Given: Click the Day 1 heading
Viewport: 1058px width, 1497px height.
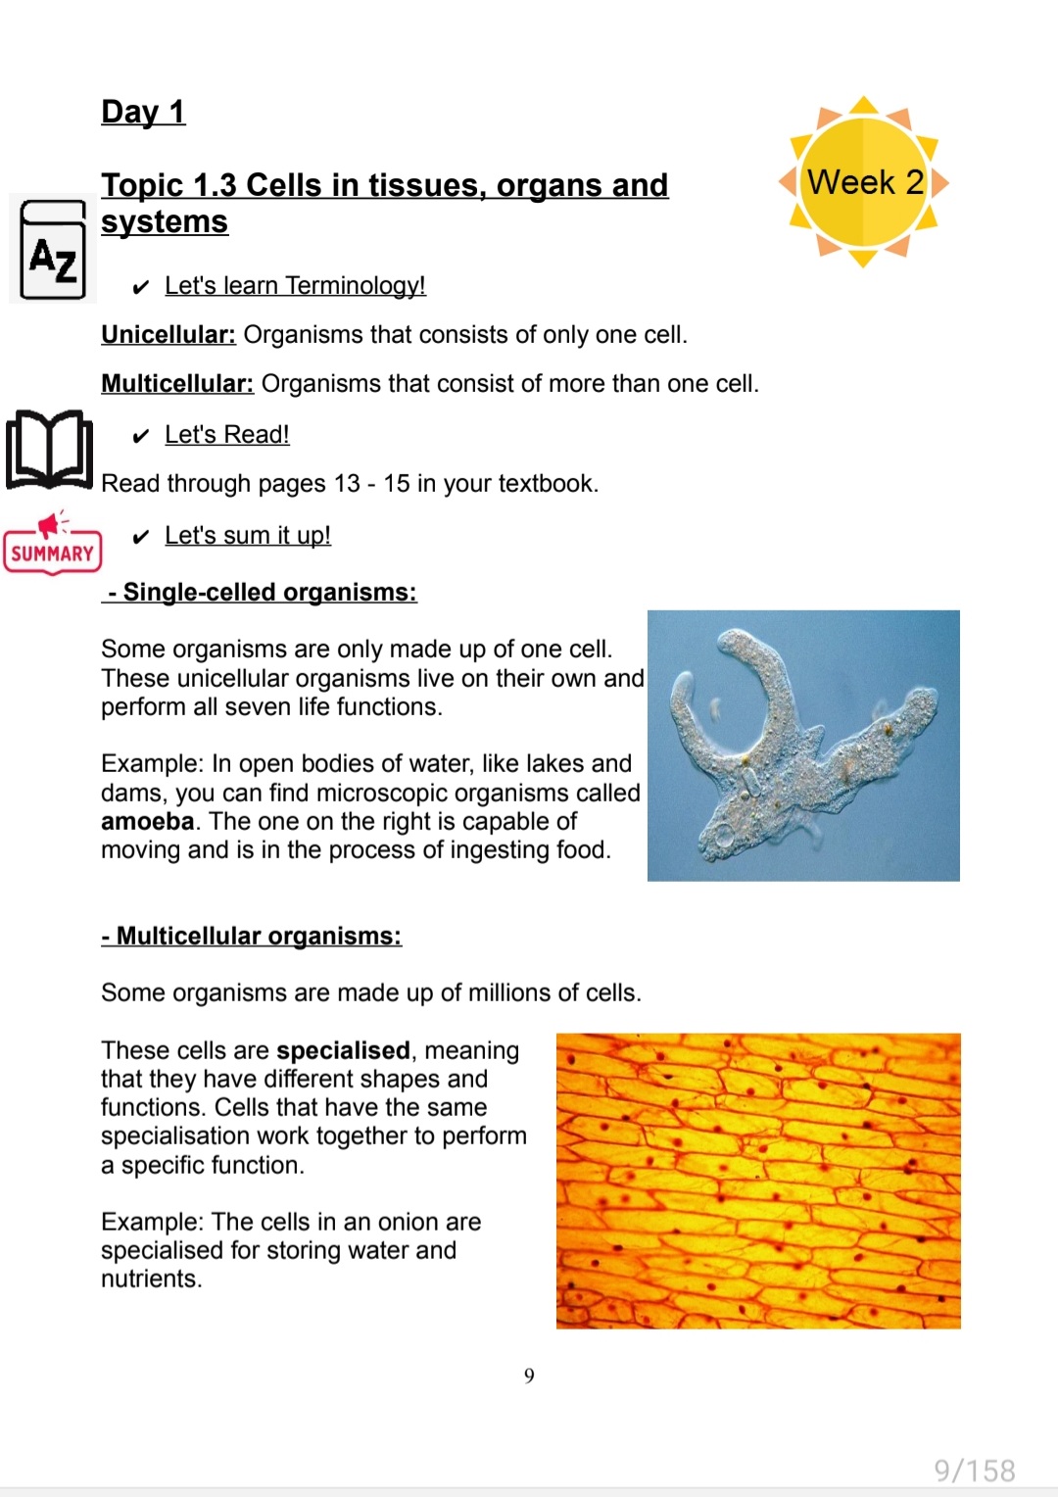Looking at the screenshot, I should (143, 112).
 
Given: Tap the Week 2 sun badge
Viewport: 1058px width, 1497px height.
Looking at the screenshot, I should (864, 182).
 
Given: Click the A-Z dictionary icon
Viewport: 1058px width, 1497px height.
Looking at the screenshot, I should (53, 250).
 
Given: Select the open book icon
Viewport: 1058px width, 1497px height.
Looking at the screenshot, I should (50, 450).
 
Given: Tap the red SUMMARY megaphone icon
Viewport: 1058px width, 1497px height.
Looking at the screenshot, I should (52, 543).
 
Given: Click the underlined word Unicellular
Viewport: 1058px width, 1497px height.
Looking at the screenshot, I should (168, 335).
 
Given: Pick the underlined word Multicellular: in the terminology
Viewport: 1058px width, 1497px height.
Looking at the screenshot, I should (177, 384).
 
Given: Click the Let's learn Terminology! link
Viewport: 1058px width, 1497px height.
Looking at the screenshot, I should (295, 286).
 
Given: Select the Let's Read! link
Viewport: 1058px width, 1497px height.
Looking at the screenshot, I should (227, 435).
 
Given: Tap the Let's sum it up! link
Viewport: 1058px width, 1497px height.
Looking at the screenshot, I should (248, 536).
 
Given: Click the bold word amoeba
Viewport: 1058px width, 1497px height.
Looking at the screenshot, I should (147, 822).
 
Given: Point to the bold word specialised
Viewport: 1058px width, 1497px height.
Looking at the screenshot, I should (343, 1051).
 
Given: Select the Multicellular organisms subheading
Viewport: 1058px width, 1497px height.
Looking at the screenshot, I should (252, 937).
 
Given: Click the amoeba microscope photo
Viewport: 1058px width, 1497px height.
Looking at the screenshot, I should (803, 746).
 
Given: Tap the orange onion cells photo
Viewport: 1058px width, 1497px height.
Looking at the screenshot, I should (758, 1181).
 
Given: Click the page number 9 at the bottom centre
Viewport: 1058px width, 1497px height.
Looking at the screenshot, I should (529, 1376).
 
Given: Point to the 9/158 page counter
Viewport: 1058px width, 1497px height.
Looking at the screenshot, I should (974, 1471).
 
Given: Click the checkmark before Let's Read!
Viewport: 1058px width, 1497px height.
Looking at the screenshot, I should (141, 436).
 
